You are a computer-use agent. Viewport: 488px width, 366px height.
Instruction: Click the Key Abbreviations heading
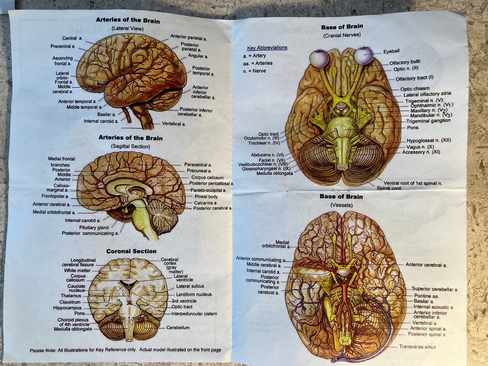click(267, 48)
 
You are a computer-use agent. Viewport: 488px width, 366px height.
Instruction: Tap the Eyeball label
click(391, 52)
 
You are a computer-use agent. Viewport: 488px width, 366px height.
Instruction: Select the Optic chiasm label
click(414, 89)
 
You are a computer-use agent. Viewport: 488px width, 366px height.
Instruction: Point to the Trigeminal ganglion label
click(428, 121)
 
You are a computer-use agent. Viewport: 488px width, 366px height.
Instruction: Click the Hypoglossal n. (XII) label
click(429, 141)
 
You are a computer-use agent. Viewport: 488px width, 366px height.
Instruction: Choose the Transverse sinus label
click(417, 347)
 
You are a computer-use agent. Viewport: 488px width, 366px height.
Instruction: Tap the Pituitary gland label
click(94, 228)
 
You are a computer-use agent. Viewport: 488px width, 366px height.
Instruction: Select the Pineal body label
click(206, 197)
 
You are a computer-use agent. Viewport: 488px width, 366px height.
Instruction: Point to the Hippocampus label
click(67, 308)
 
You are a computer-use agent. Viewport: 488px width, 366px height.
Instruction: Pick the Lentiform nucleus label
click(194, 294)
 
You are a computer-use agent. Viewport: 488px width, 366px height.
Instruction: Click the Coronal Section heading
click(131, 251)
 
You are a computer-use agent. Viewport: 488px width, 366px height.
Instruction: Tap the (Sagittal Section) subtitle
click(131, 146)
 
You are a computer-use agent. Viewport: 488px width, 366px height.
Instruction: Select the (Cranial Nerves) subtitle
click(342, 35)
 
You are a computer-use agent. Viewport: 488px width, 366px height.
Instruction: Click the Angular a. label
click(198, 56)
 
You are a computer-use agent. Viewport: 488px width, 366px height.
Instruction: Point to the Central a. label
click(72, 38)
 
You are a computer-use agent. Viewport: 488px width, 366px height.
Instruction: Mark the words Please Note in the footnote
click(43, 350)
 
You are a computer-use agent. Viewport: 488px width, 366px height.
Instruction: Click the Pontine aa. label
click(426, 296)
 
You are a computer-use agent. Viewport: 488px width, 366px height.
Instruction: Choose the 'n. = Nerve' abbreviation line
click(254, 71)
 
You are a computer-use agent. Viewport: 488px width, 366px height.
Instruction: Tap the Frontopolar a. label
click(55, 196)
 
